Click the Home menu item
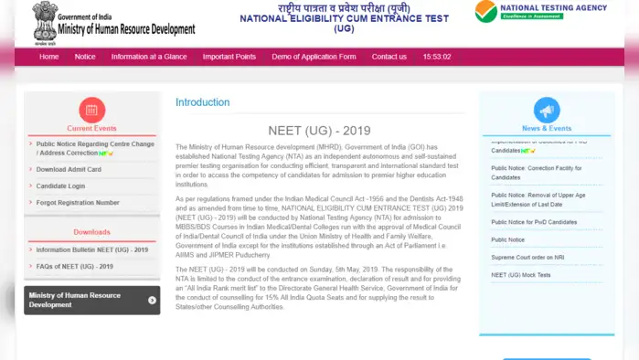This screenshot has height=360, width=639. [48, 57]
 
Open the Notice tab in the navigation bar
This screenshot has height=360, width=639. [85, 57]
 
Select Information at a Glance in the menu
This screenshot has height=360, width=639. [149, 57]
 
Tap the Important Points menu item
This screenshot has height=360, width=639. [229, 57]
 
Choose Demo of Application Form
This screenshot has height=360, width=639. [314, 57]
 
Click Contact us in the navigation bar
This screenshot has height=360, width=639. [389, 57]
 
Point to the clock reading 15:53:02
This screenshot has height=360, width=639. [437, 57]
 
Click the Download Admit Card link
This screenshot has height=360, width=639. [69, 169]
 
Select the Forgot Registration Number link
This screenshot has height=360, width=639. [78, 202]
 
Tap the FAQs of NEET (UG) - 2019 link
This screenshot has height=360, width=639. [75, 266]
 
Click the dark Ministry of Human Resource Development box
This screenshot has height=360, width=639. [91, 300]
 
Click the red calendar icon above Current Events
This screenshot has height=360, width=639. [91, 111]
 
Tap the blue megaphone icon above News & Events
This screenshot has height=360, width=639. [547, 111]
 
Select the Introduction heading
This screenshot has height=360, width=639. [202, 102]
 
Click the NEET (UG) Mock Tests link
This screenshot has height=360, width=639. [521, 274]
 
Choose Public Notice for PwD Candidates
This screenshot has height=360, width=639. [534, 222]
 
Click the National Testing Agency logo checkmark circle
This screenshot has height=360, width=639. [486, 11]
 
